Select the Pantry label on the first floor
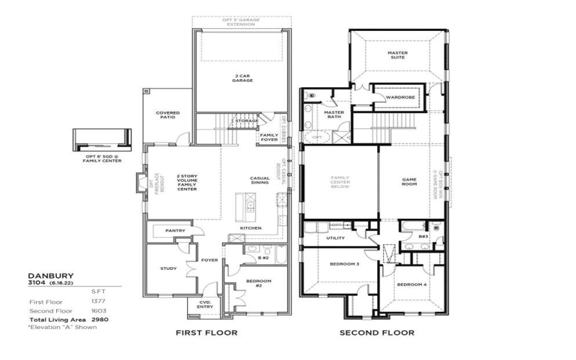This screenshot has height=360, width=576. point(175,230)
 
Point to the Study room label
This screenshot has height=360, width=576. point(168,269)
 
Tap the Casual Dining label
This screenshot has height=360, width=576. point(259,181)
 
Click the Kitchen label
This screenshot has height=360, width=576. point(251,228)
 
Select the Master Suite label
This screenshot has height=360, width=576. point(397,55)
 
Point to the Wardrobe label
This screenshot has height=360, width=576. point(397,96)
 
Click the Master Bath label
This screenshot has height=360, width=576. point(334,115)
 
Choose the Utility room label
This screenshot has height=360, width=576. point(336,238)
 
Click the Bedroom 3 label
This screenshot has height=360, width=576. point(344,264)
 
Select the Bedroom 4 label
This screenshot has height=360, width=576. point(412,283)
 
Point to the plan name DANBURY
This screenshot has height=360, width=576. point(50,275)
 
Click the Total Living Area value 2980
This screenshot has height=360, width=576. point(99,318)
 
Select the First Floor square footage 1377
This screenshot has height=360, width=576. point(99,301)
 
